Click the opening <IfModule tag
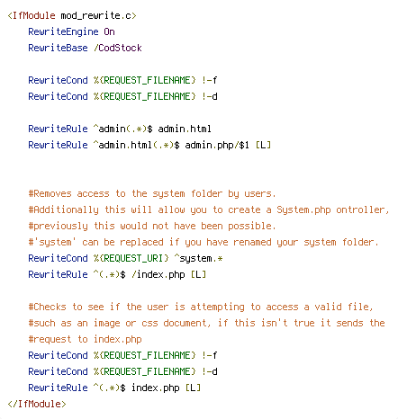tap(32, 15)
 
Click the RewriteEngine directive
tap(63, 31)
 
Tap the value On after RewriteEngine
tap(109, 31)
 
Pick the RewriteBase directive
tap(58, 48)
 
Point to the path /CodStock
tap(118, 48)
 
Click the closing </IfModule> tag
tap(37, 404)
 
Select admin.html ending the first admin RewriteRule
tap(185, 129)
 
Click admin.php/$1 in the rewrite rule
tap(217, 145)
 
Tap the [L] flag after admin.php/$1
tap(263, 145)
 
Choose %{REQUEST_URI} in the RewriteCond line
tap(131, 258)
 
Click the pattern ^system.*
tap(198, 258)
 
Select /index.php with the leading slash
tap(158, 274)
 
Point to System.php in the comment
tap(303, 209)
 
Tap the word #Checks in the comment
tap(47, 307)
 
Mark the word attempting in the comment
tap(217, 307)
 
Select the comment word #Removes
tap(50, 193)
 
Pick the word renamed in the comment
tap(252, 242)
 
